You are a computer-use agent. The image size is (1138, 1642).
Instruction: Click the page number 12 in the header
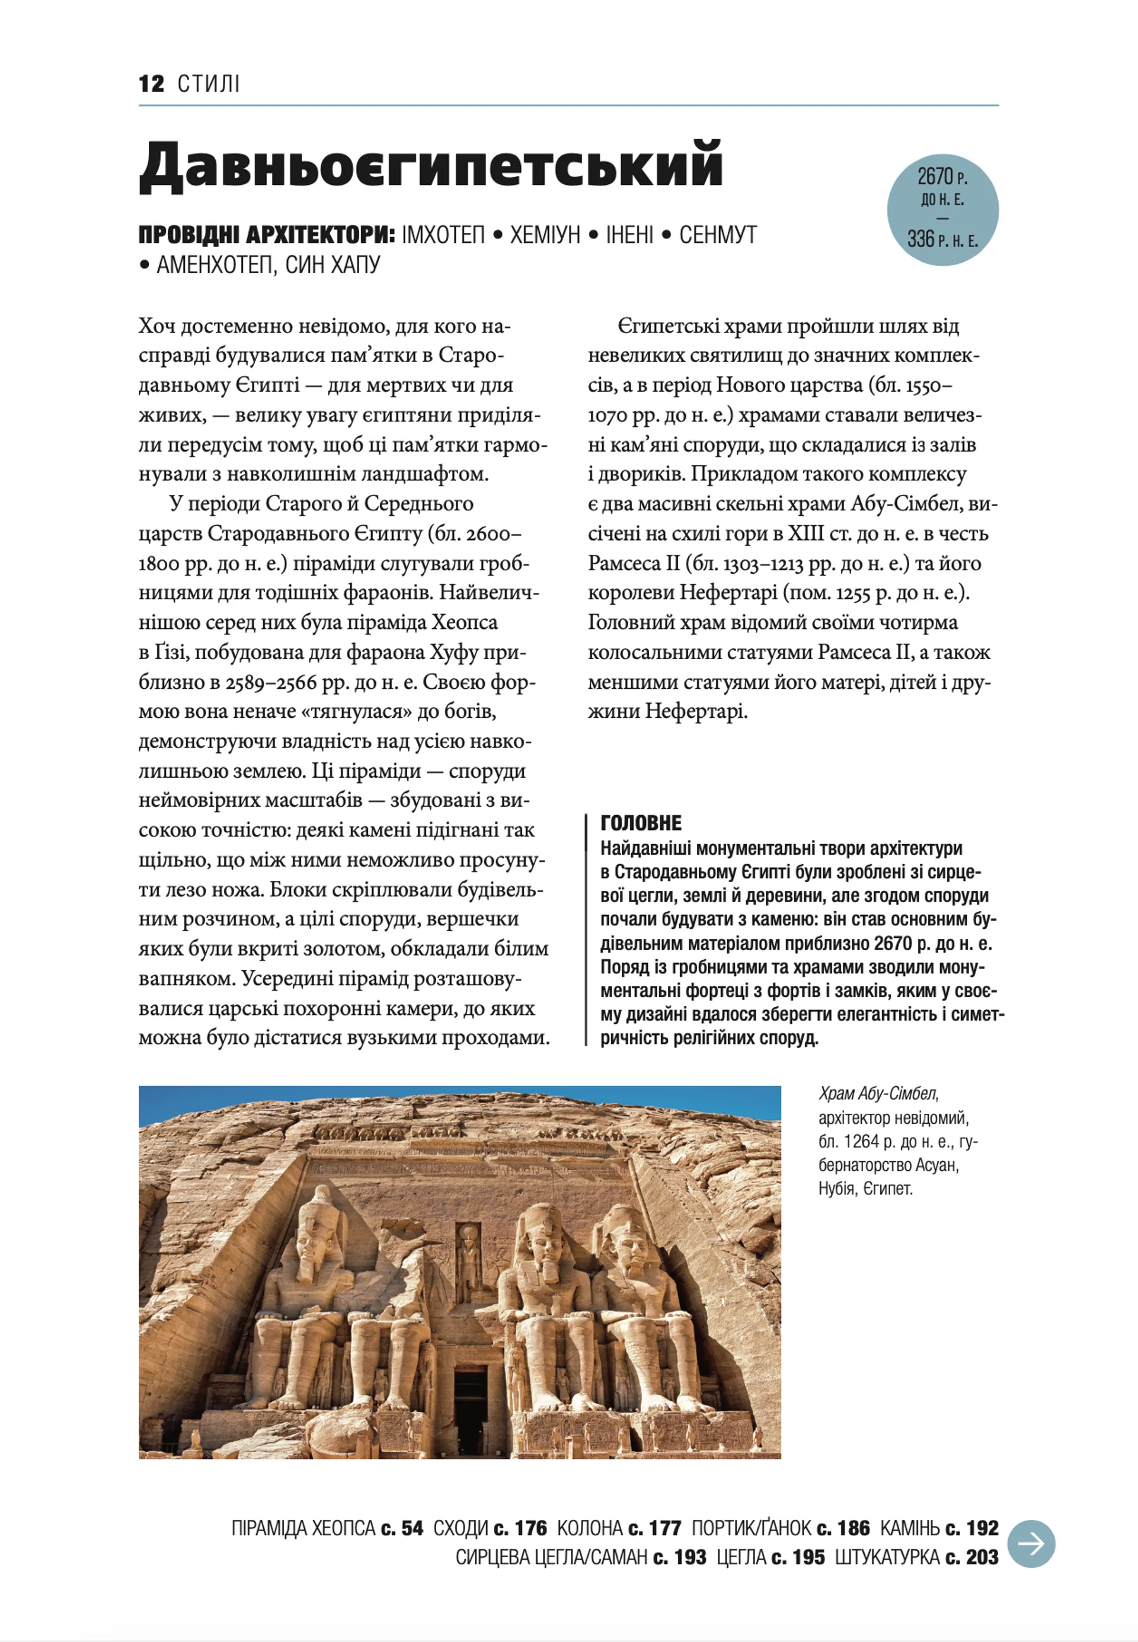[151, 84]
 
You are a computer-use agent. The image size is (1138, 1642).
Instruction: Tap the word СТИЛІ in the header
[208, 84]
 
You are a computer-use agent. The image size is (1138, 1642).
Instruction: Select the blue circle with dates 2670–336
[942, 210]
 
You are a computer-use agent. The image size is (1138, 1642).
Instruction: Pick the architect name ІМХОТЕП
[443, 235]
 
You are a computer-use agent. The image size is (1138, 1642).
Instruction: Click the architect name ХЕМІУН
[545, 235]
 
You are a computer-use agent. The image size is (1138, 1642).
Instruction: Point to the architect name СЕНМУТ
[717, 235]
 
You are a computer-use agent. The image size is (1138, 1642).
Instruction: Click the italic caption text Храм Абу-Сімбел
[878, 1094]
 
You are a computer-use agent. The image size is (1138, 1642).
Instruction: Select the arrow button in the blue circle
[1032, 1544]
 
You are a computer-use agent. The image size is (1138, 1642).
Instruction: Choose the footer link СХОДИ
[461, 1529]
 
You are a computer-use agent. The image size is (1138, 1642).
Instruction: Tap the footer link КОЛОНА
[590, 1529]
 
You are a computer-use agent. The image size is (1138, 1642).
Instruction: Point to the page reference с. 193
[680, 1558]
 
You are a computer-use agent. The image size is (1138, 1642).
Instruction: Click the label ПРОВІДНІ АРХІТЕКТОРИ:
[267, 235]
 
